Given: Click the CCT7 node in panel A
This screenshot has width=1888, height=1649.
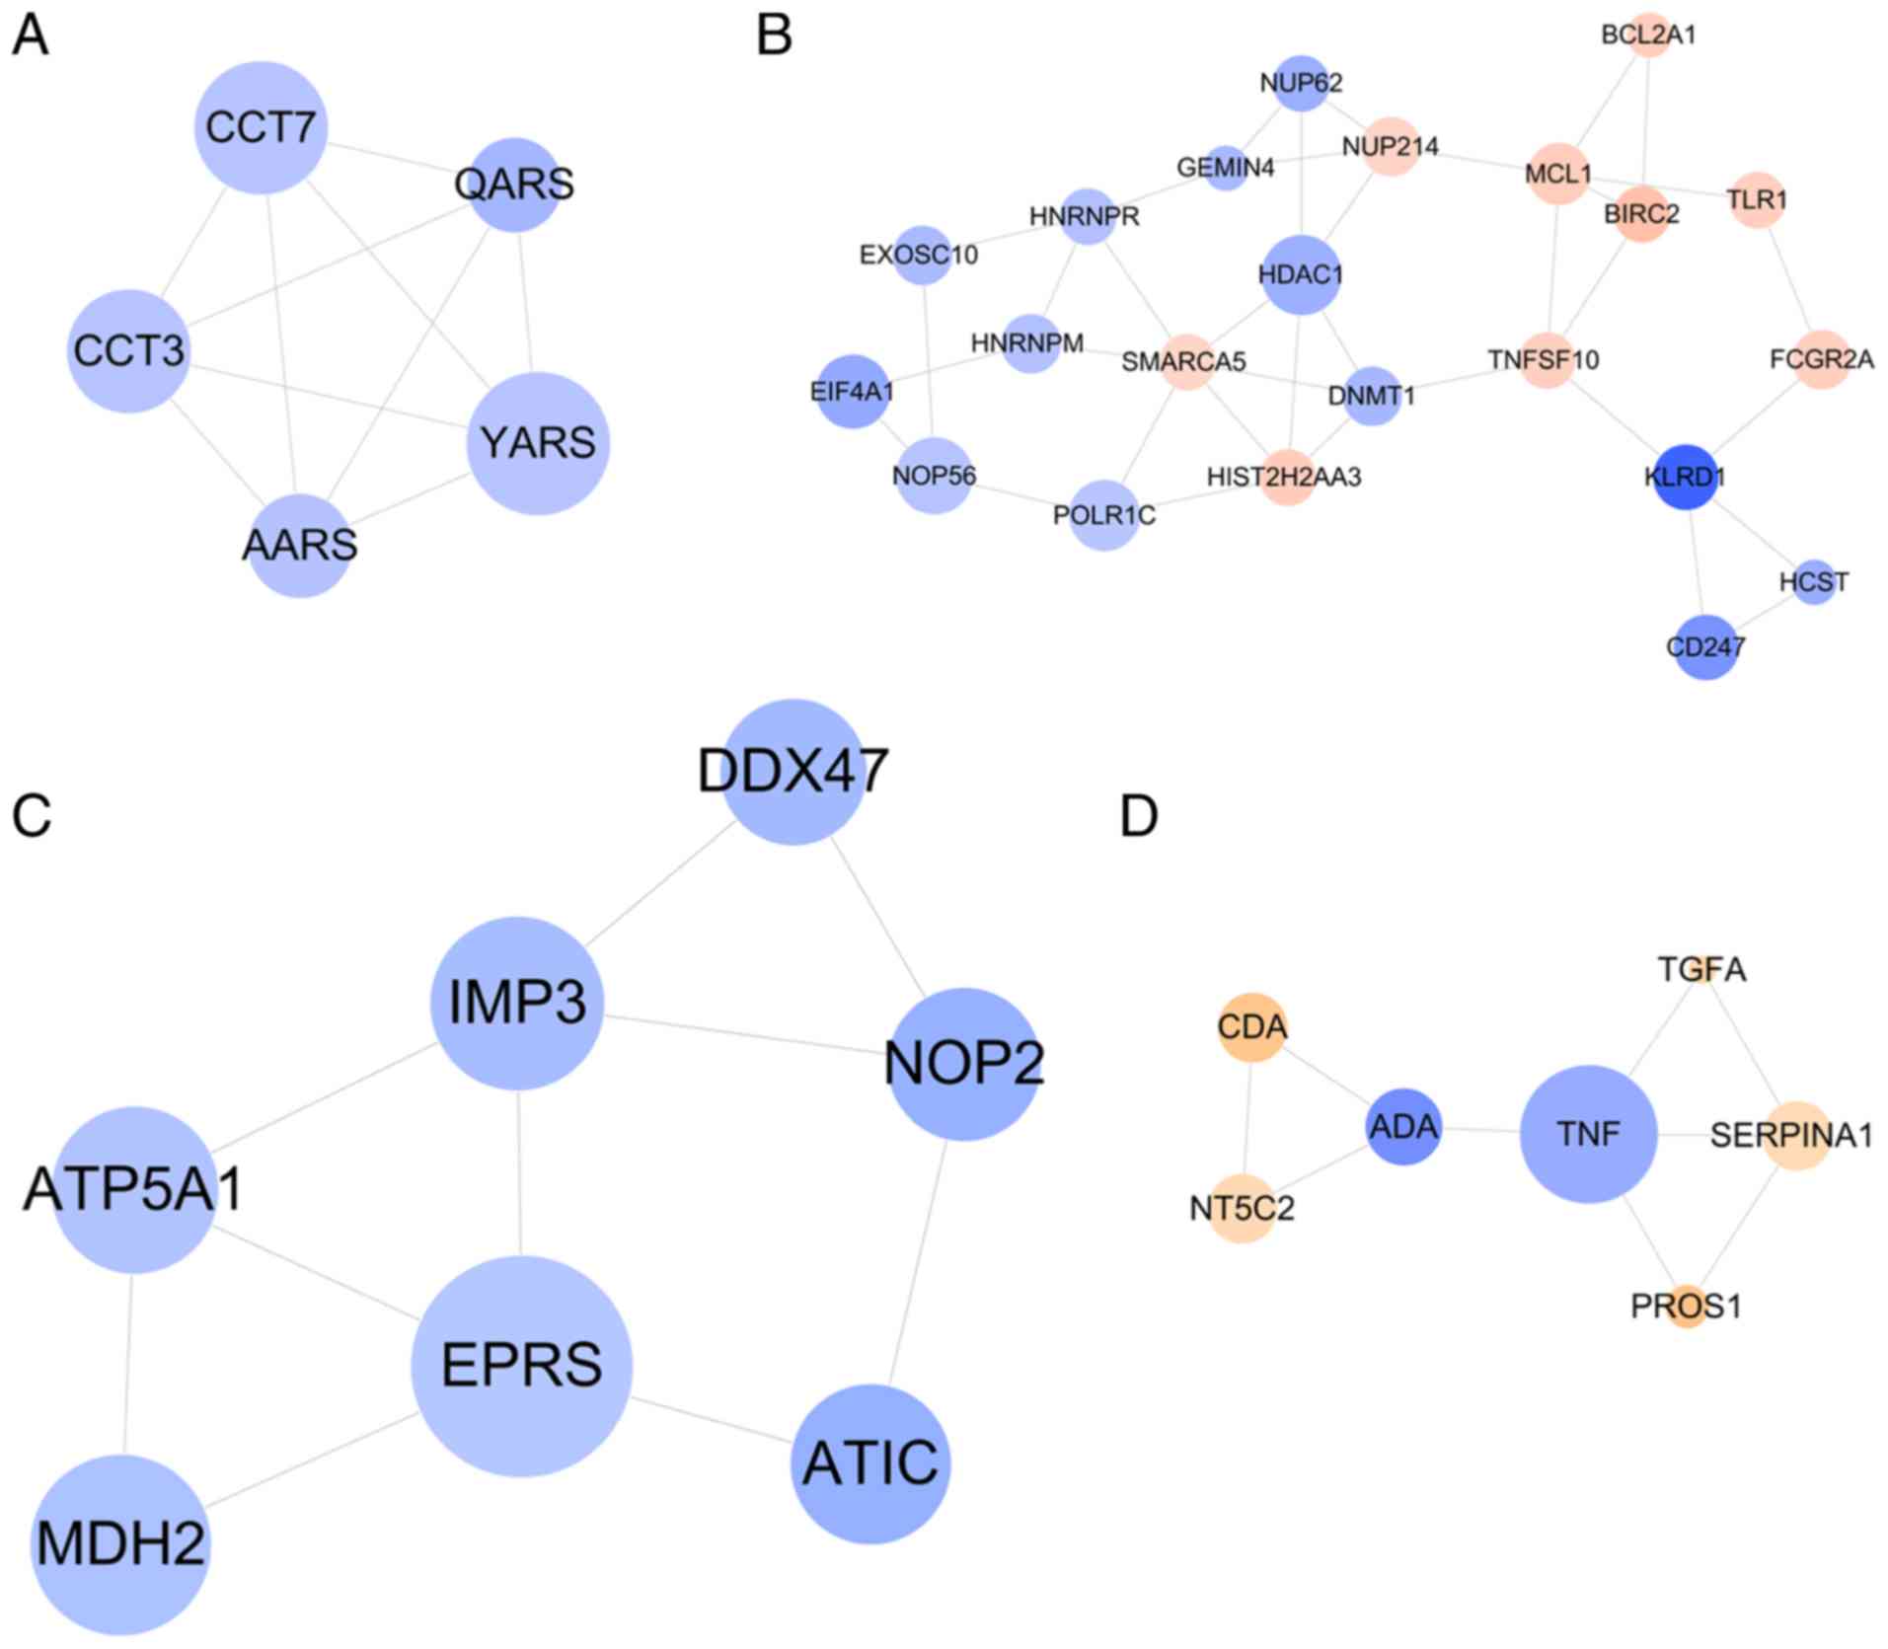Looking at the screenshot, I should (261, 127).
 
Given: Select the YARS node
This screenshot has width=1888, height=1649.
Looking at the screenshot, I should (538, 443).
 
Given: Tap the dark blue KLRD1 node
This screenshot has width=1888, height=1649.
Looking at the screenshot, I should (1687, 477).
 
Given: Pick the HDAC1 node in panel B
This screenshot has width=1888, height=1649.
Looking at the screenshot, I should (1301, 274).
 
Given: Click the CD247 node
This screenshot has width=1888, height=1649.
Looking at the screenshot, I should (1705, 647).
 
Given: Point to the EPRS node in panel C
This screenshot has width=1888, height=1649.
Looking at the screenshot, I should (521, 1365).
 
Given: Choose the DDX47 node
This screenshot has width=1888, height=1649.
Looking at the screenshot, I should (793, 772).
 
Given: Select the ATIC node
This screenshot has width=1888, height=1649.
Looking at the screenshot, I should (870, 1463).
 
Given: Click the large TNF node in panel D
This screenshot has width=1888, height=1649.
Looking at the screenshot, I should (1588, 1134).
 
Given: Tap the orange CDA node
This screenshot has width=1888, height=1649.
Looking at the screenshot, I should (1251, 1027).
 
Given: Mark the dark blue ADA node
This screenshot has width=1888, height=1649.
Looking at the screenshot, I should (1403, 1126).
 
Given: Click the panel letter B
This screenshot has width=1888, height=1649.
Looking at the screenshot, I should (775, 36).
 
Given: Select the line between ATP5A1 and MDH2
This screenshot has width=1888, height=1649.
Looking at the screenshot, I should (129, 1363).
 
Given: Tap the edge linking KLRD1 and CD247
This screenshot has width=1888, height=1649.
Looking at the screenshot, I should (1697, 562).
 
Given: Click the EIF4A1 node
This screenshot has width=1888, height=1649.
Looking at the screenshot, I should (853, 392).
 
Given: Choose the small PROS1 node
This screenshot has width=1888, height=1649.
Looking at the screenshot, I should (1687, 1307).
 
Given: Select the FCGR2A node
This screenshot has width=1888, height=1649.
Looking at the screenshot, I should (1822, 359).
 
